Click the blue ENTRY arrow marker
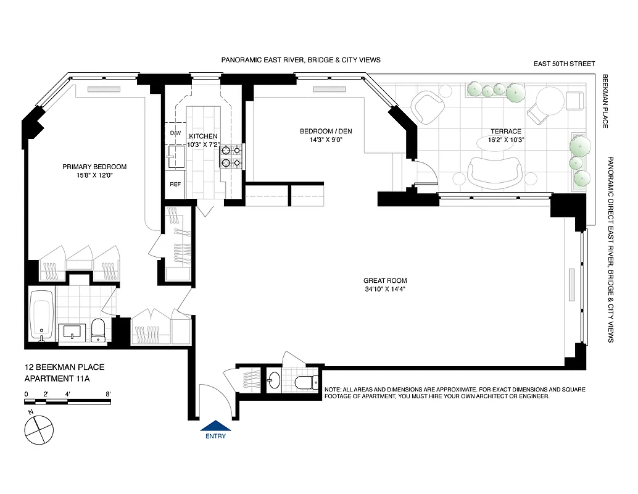216,425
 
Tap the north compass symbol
37,427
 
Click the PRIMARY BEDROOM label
94,167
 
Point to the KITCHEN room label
203,136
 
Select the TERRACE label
505,131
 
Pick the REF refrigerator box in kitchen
175,184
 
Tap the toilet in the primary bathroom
99,330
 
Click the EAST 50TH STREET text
565,64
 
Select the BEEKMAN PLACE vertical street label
605,102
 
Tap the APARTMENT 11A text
57,379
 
